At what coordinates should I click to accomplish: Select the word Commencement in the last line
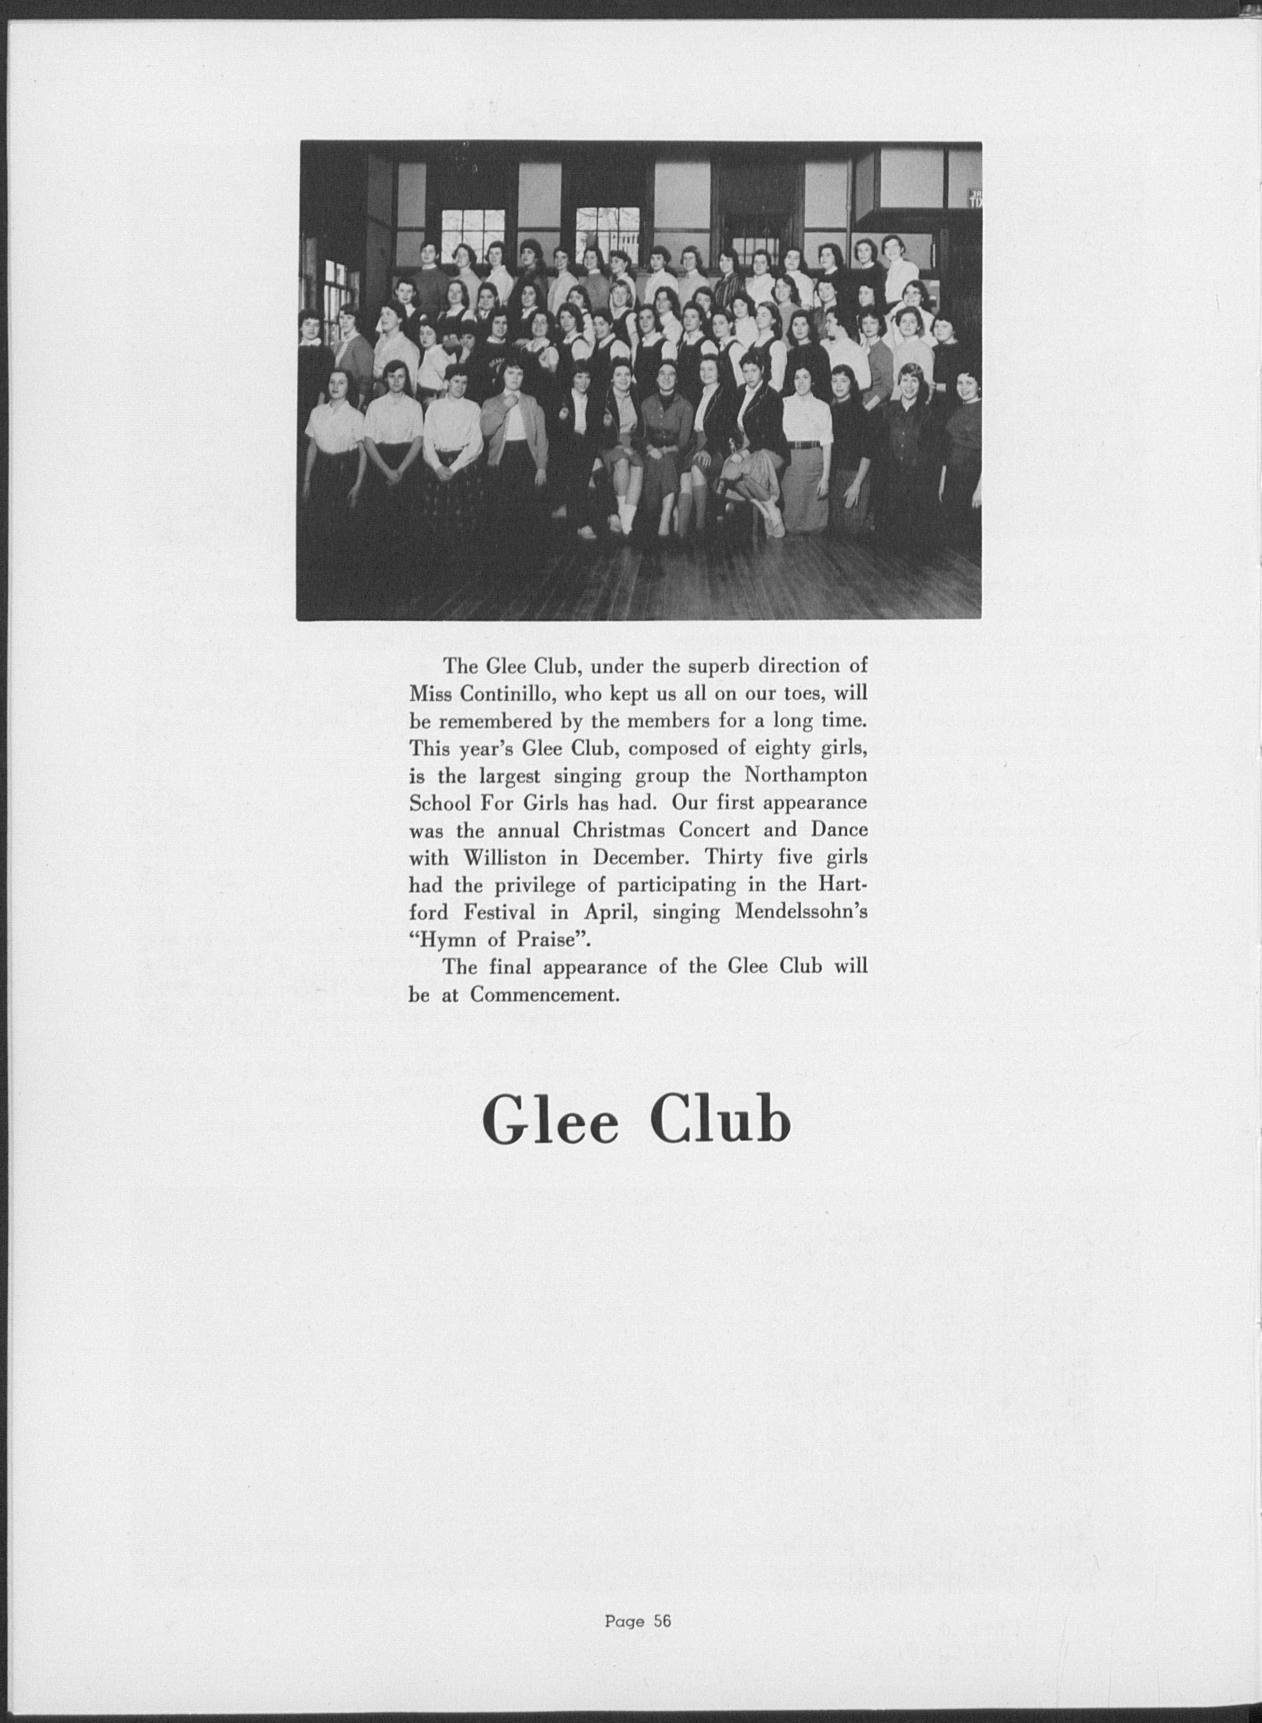pyautogui.click(x=543, y=996)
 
